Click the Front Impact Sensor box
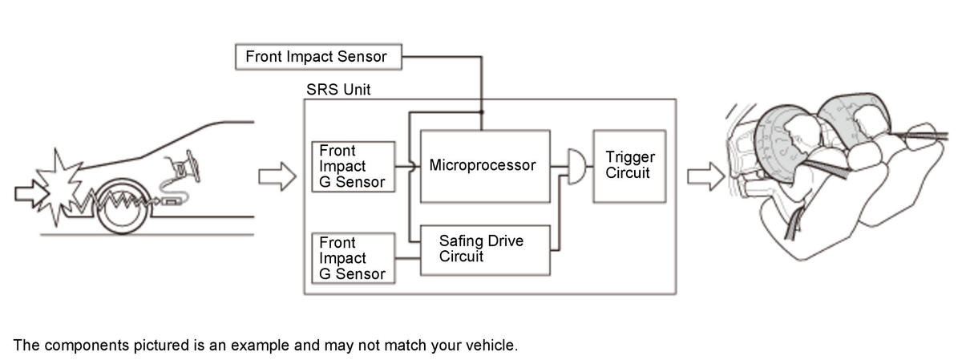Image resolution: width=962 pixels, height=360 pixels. [x=318, y=56]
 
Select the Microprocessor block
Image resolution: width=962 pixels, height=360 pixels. [x=485, y=166]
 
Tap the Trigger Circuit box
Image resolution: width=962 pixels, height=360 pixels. [x=629, y=166]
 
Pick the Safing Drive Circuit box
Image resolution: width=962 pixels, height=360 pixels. [x=485, y=250]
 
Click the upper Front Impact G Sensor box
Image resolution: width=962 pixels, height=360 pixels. [x=353, y=167]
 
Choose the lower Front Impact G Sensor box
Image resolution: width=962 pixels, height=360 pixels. [x=353, y=258]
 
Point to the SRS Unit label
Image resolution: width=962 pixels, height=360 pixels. [x=338, y=89]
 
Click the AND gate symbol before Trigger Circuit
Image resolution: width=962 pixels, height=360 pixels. [x=576, y=167]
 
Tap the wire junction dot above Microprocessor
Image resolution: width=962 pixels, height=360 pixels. [x=482, y=112]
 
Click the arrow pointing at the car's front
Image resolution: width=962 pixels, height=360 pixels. [x=30, y=193]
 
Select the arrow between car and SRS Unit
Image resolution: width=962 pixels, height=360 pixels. [x=277, y=176]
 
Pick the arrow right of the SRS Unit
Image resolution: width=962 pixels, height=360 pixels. [x=705, y=176]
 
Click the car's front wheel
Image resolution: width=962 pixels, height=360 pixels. [x=122, y=206]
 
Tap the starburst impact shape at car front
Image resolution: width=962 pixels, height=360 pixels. [x=60, y=187]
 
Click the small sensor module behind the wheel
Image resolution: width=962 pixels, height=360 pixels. [x=172, y=200]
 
